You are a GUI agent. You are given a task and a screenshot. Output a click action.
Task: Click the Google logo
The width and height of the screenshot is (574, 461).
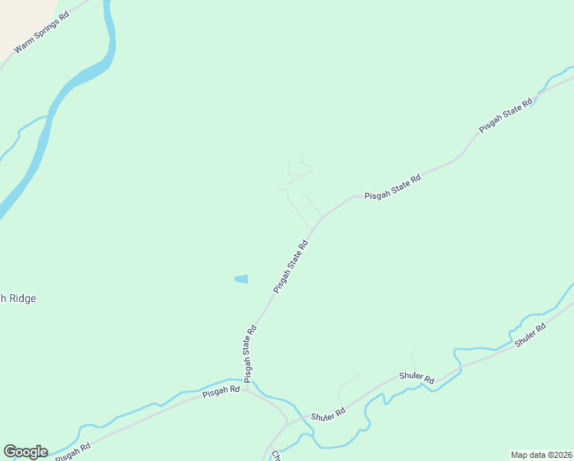coord(25,452)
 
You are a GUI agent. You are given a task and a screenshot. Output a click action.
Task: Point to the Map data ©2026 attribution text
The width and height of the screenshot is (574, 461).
coord(541,455)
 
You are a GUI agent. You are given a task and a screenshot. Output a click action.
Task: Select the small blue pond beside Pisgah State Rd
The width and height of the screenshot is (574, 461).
coord(242,279)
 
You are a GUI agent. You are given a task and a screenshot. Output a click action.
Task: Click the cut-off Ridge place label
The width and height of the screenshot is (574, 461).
coord(18,298)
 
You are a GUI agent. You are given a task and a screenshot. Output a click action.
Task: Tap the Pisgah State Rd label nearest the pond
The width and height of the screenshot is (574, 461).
coord(291,267)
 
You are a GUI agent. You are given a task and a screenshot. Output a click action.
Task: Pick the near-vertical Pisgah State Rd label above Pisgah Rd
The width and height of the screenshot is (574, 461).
coord(249,353)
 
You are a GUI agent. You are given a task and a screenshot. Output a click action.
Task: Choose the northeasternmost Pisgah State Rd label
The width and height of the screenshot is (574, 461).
coord(506,116)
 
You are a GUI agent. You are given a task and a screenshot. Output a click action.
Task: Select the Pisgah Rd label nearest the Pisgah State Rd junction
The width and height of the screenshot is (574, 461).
coord(221,393)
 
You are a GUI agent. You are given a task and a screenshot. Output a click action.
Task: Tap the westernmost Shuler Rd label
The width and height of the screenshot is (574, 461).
coord(328,414)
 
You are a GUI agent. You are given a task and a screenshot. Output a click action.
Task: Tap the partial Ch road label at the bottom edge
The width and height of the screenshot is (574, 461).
coord(275,455)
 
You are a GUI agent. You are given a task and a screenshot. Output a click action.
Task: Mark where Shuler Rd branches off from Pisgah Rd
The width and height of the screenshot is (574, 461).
coord(285,423)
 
